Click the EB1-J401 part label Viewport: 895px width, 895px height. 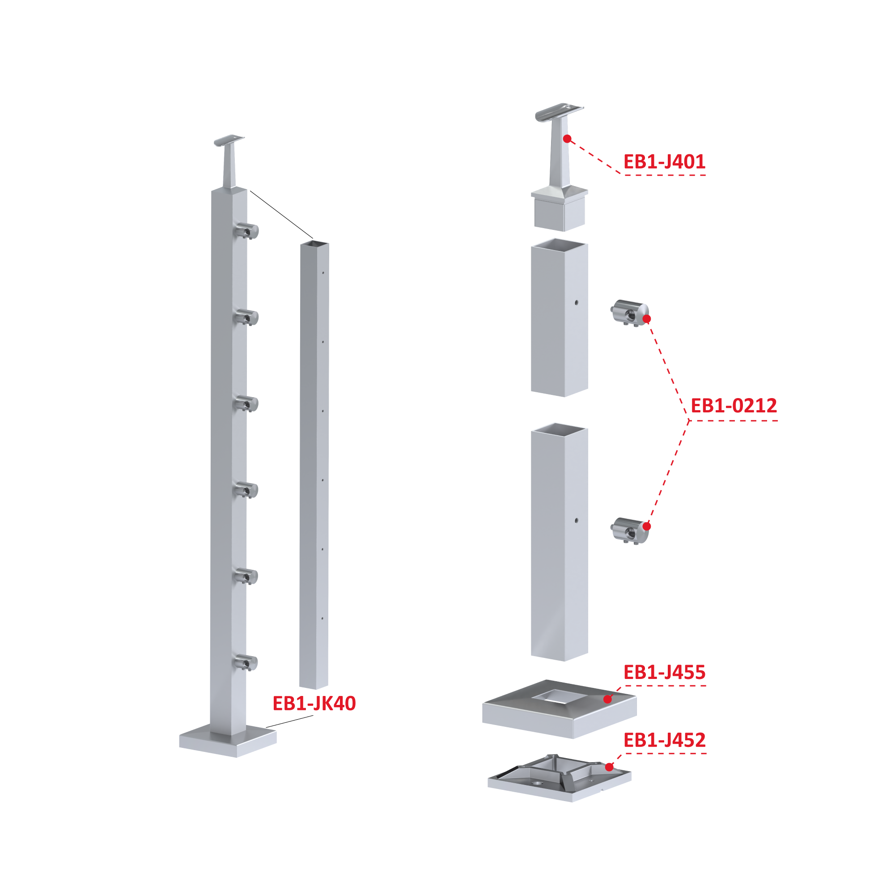pyautogui.click(x=664, y=161)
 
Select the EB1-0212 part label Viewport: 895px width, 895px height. pyautogui.click(x=734, y=405)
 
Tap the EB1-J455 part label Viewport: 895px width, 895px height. pyautogui.click(x=664, y=672)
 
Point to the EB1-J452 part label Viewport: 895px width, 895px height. pyautogui.click(x=664, y=740)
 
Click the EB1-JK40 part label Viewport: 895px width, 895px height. pyautogui.click(x=314, y=703)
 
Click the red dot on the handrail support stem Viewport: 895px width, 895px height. pyautogui.click(x=567, y=139)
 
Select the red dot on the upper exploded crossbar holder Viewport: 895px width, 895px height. pyautogui.click(x=647, y=319)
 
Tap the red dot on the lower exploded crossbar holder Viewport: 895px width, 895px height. pyautogui.click(x=647, y=526)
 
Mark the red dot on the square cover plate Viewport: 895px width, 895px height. pyautogui.click(x=608, y=699)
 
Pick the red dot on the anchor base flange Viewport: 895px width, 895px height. pyautogui.click(x=609, y=767)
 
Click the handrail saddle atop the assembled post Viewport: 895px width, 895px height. pyautogui.click(x=229, y=140)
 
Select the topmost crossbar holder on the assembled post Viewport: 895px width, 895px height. pyautogui.click(x=246, y=231)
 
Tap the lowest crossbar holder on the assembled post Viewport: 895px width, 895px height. pyautogui.click(x=246, y=662)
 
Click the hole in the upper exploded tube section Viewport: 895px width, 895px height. pyautogui.click(x=576, y=302)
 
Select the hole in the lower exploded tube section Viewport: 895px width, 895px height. pyautogui.click(x=576, y=521)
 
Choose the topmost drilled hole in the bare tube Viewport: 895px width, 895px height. pyautogui.click(x=323, y=272)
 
